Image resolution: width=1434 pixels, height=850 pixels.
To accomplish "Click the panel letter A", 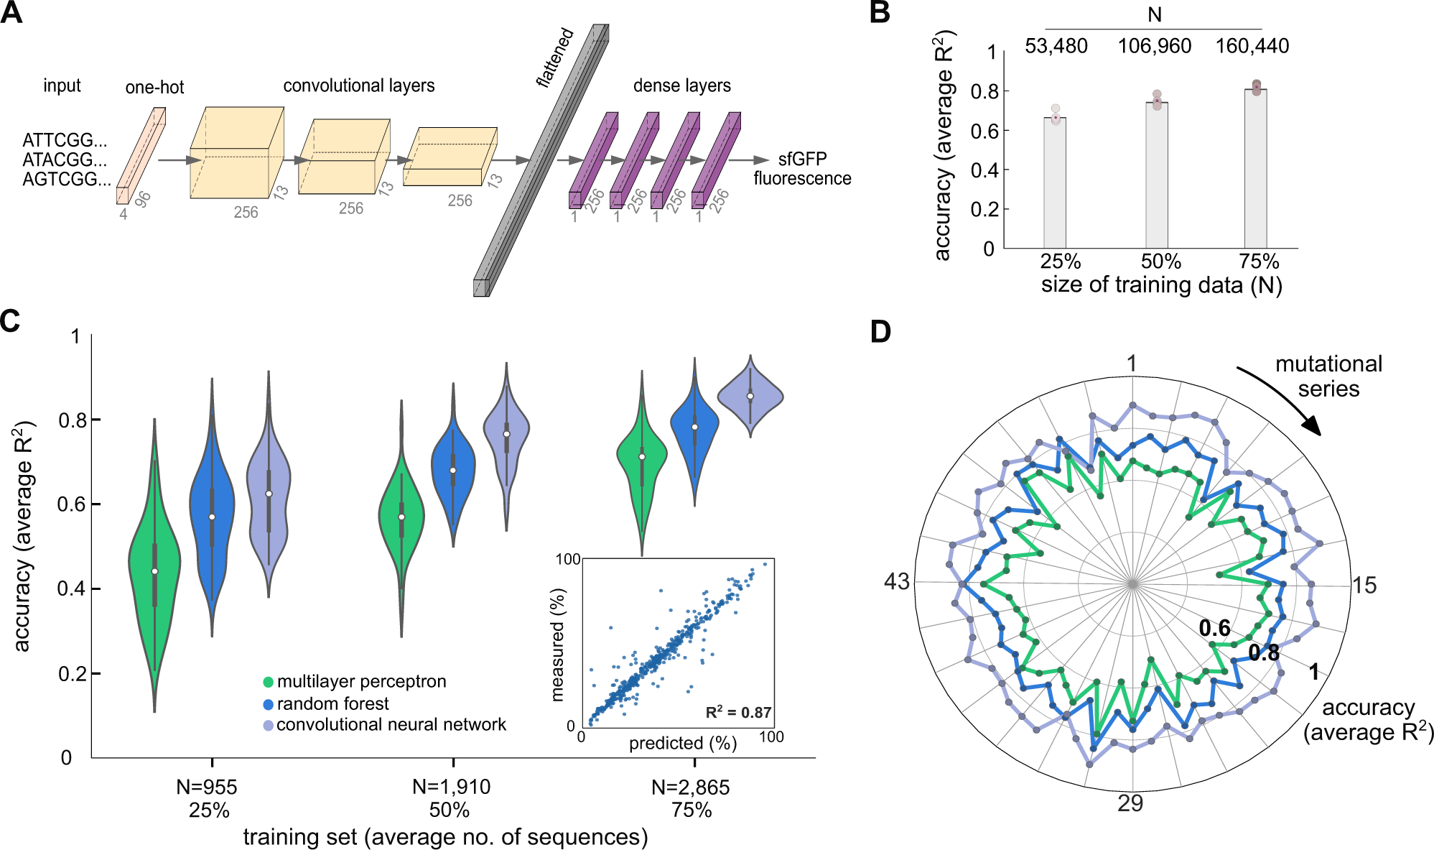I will tap(11, 13).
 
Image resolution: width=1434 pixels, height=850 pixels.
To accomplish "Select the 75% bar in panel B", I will tap(1255, 169).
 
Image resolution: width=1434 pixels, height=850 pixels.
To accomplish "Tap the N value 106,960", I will tap(1154, 47).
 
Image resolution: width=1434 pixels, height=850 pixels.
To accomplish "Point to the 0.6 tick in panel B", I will tap(983, 131).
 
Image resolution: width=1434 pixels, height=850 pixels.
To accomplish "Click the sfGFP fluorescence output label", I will tap(801, 169).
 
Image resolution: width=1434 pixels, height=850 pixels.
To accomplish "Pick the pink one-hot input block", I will tap(141, 156).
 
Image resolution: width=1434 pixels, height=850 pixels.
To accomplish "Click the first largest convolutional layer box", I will tap(236, 153).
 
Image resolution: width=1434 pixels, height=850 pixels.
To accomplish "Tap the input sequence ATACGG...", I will tap(65, 160).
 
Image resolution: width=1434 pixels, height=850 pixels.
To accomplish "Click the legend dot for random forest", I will tap(268, 704).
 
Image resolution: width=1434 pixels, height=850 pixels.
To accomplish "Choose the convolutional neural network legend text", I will tap(391, 724).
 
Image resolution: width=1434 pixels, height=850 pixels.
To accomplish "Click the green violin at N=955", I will tap(154, 568).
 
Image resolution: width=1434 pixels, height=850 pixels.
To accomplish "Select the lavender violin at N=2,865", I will tap(750, 396).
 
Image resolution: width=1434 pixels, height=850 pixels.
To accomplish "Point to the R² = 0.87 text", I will tap(738, 713).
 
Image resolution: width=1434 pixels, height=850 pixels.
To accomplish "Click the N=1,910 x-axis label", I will tap(451, 787).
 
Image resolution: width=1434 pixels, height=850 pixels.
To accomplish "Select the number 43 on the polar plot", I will tap(896, 581).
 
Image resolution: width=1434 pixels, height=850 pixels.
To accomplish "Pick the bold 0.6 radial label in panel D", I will tap(1214, 629).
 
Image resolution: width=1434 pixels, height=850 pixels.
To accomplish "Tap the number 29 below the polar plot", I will tap(1130, 803).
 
